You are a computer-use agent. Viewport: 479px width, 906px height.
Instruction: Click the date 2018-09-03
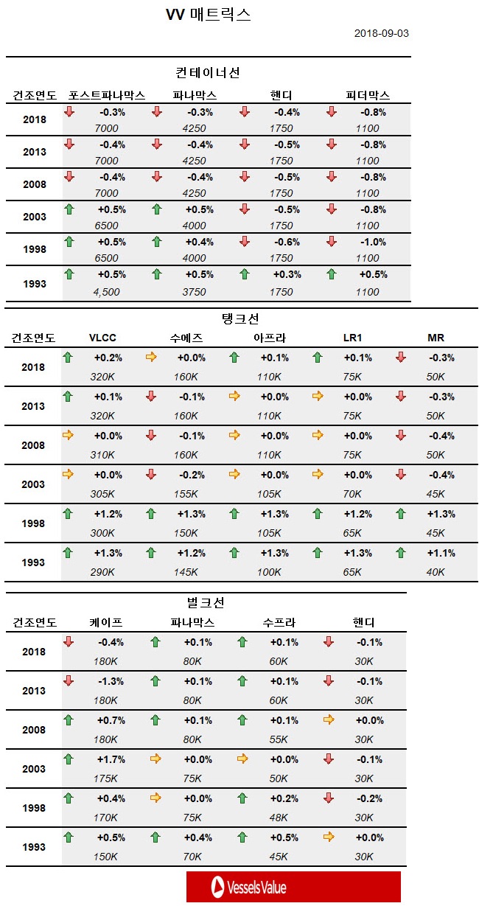click(381, 33)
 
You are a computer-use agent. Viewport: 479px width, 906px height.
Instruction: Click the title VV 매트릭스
click(209, 15)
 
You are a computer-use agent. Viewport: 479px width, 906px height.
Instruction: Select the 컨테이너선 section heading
click(208, 73)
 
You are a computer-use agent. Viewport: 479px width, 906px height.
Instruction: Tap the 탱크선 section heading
click(240, 318)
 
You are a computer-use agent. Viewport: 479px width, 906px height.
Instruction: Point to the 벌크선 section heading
click(206, 602)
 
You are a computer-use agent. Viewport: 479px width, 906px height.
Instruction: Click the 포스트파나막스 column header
click(107, 96)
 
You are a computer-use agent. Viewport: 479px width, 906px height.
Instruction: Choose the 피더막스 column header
click(368, 96)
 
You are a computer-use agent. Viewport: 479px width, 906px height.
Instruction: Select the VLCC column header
click(102, 338)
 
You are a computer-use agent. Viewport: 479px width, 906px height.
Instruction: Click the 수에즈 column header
click(186, 338)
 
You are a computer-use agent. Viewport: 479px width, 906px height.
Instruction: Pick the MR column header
click(436, 338)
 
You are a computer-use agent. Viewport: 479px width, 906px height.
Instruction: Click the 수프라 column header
click(278, 623)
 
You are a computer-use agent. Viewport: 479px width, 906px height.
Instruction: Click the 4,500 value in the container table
click(106, 292)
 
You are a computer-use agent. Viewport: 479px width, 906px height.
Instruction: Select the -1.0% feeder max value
click(373, 242)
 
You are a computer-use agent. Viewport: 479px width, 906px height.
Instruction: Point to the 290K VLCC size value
click(102, 572)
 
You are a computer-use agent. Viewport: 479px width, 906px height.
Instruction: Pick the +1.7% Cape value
click(111, 759)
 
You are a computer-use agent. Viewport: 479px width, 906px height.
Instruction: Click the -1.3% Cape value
click(111, 681)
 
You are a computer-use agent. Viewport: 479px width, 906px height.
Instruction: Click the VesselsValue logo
click(293, 887)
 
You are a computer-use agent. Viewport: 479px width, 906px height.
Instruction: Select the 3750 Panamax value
click(194, 292)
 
